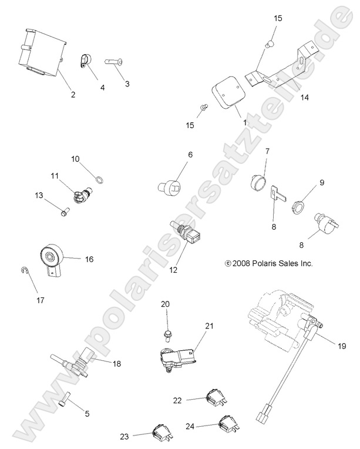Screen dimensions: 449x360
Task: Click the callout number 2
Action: [x=73, y=94]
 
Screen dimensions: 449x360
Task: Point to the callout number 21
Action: [x=210, y=325]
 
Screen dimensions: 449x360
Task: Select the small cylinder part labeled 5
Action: [x=64, y=400]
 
